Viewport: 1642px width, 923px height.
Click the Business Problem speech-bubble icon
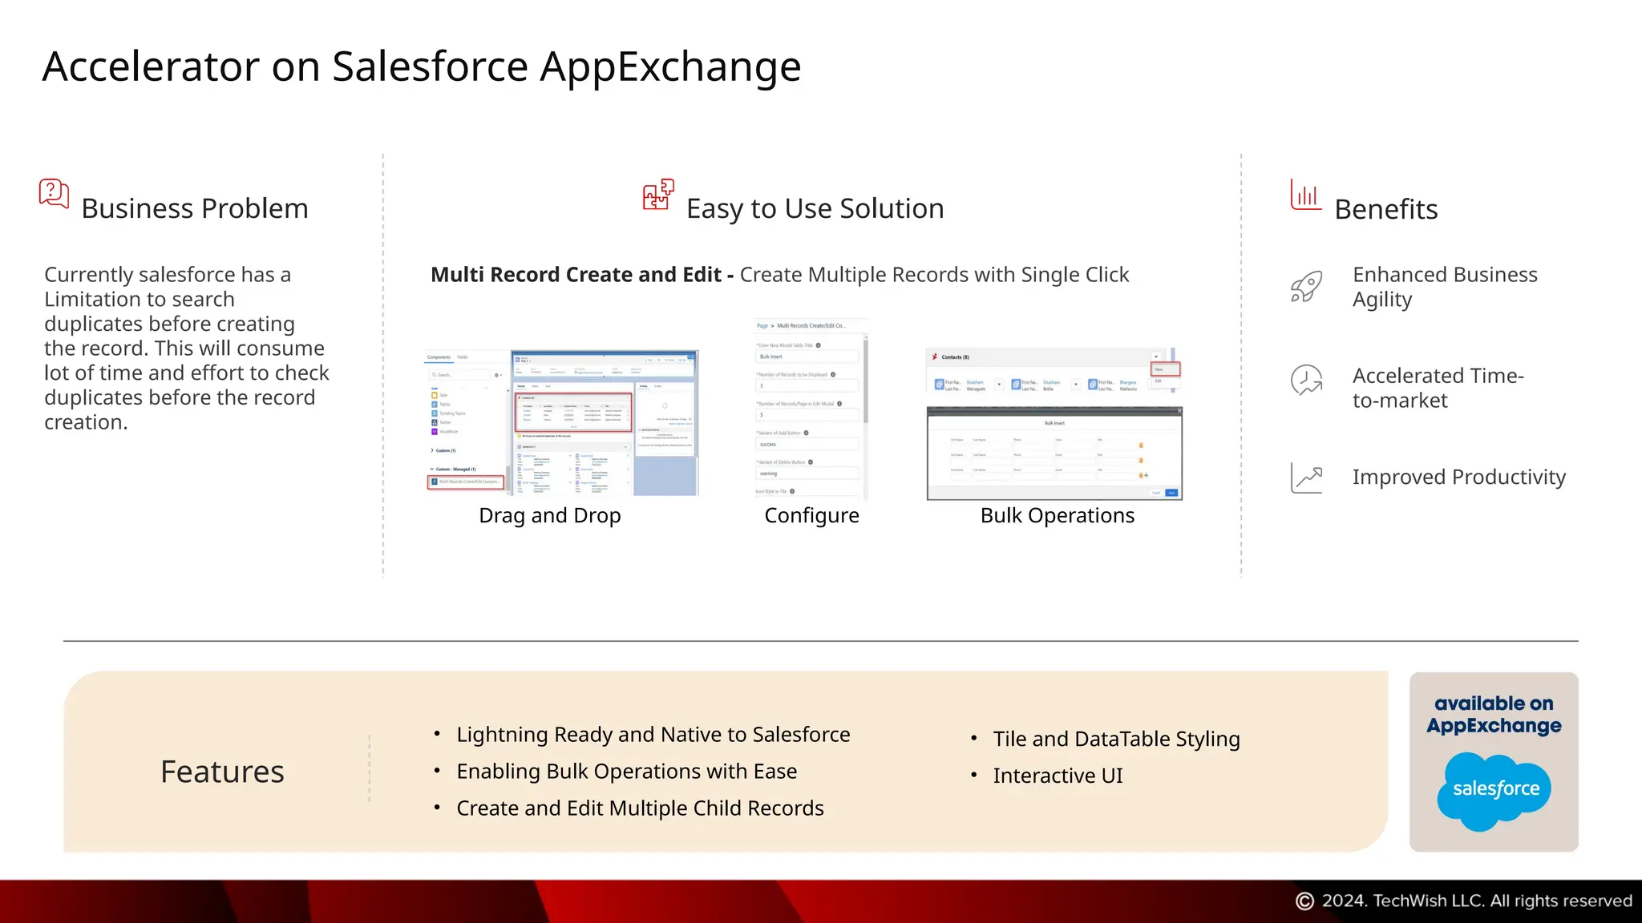pos(54,194)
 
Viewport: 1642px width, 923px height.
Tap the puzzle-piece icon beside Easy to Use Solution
pos(658,195)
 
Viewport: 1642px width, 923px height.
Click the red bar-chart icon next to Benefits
pos(1305,195)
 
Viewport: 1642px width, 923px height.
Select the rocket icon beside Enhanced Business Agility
pos(1306,287)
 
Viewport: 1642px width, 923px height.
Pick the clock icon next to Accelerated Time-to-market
pos(1306,381)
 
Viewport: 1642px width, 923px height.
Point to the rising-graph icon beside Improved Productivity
pos(1306,478)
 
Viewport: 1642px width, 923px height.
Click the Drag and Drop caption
pos(550,515)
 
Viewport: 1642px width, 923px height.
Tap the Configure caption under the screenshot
pos(811,515)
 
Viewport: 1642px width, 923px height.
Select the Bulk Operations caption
pos(1057,515)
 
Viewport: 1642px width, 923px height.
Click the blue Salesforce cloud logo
pos(1494,790)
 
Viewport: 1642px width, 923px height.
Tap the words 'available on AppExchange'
pos(1494,715)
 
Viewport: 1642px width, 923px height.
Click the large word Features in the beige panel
pos(222,772)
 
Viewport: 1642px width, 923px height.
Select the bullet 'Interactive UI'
pos(1058,776)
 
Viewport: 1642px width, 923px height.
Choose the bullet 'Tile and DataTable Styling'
pos(1116,739)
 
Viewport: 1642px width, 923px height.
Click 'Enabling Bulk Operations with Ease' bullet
pos(626,771)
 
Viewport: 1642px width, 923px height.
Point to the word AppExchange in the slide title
pos(670,67)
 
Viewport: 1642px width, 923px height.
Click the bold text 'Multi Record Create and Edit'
pos(576,275)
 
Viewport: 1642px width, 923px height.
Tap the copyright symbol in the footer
pos(1304,901)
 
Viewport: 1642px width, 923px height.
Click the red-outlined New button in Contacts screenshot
pos(1166,369)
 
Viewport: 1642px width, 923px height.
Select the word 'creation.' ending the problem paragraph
pos(86,422)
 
